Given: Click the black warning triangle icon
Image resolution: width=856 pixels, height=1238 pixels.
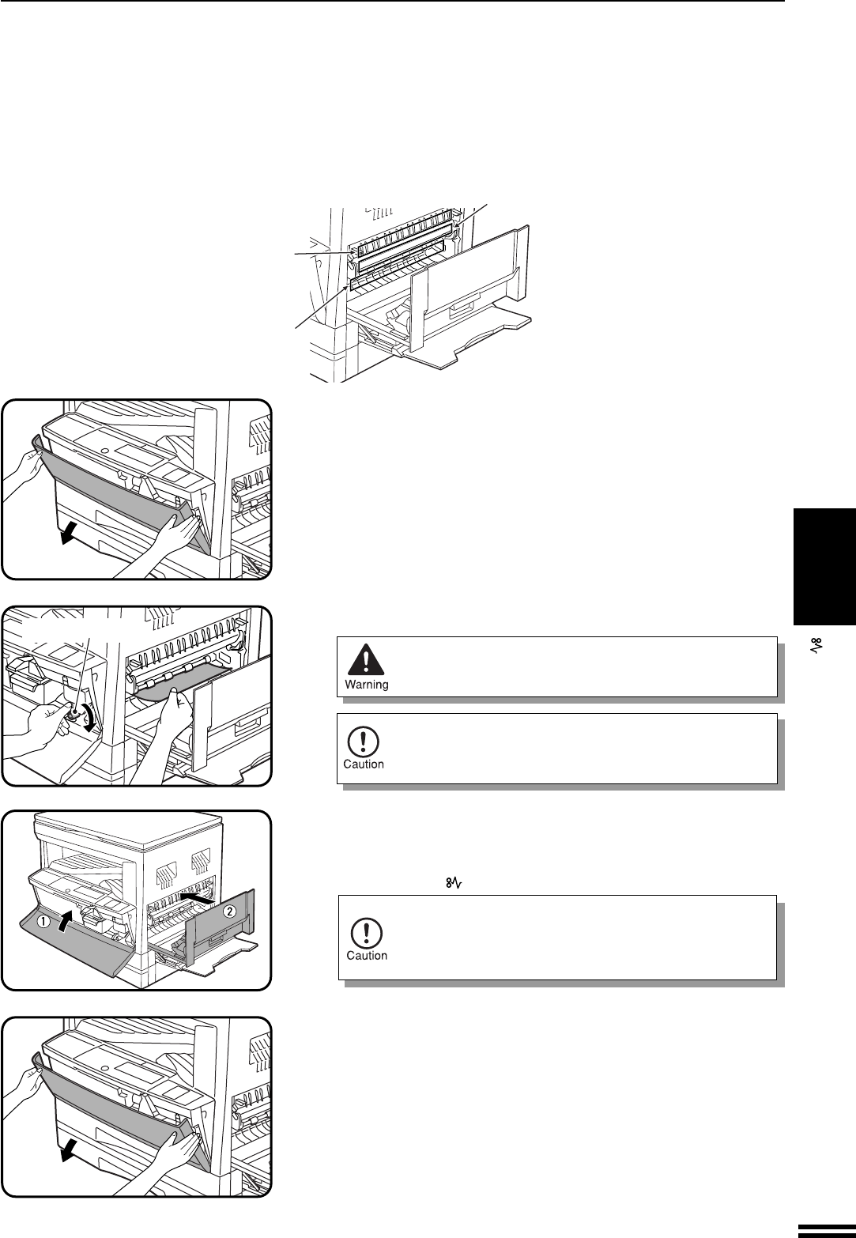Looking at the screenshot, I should click(364, 660).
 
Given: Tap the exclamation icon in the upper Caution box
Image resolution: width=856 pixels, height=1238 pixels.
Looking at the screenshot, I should click(364, 740).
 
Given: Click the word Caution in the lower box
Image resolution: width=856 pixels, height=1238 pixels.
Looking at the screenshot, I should click(367, 955).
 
